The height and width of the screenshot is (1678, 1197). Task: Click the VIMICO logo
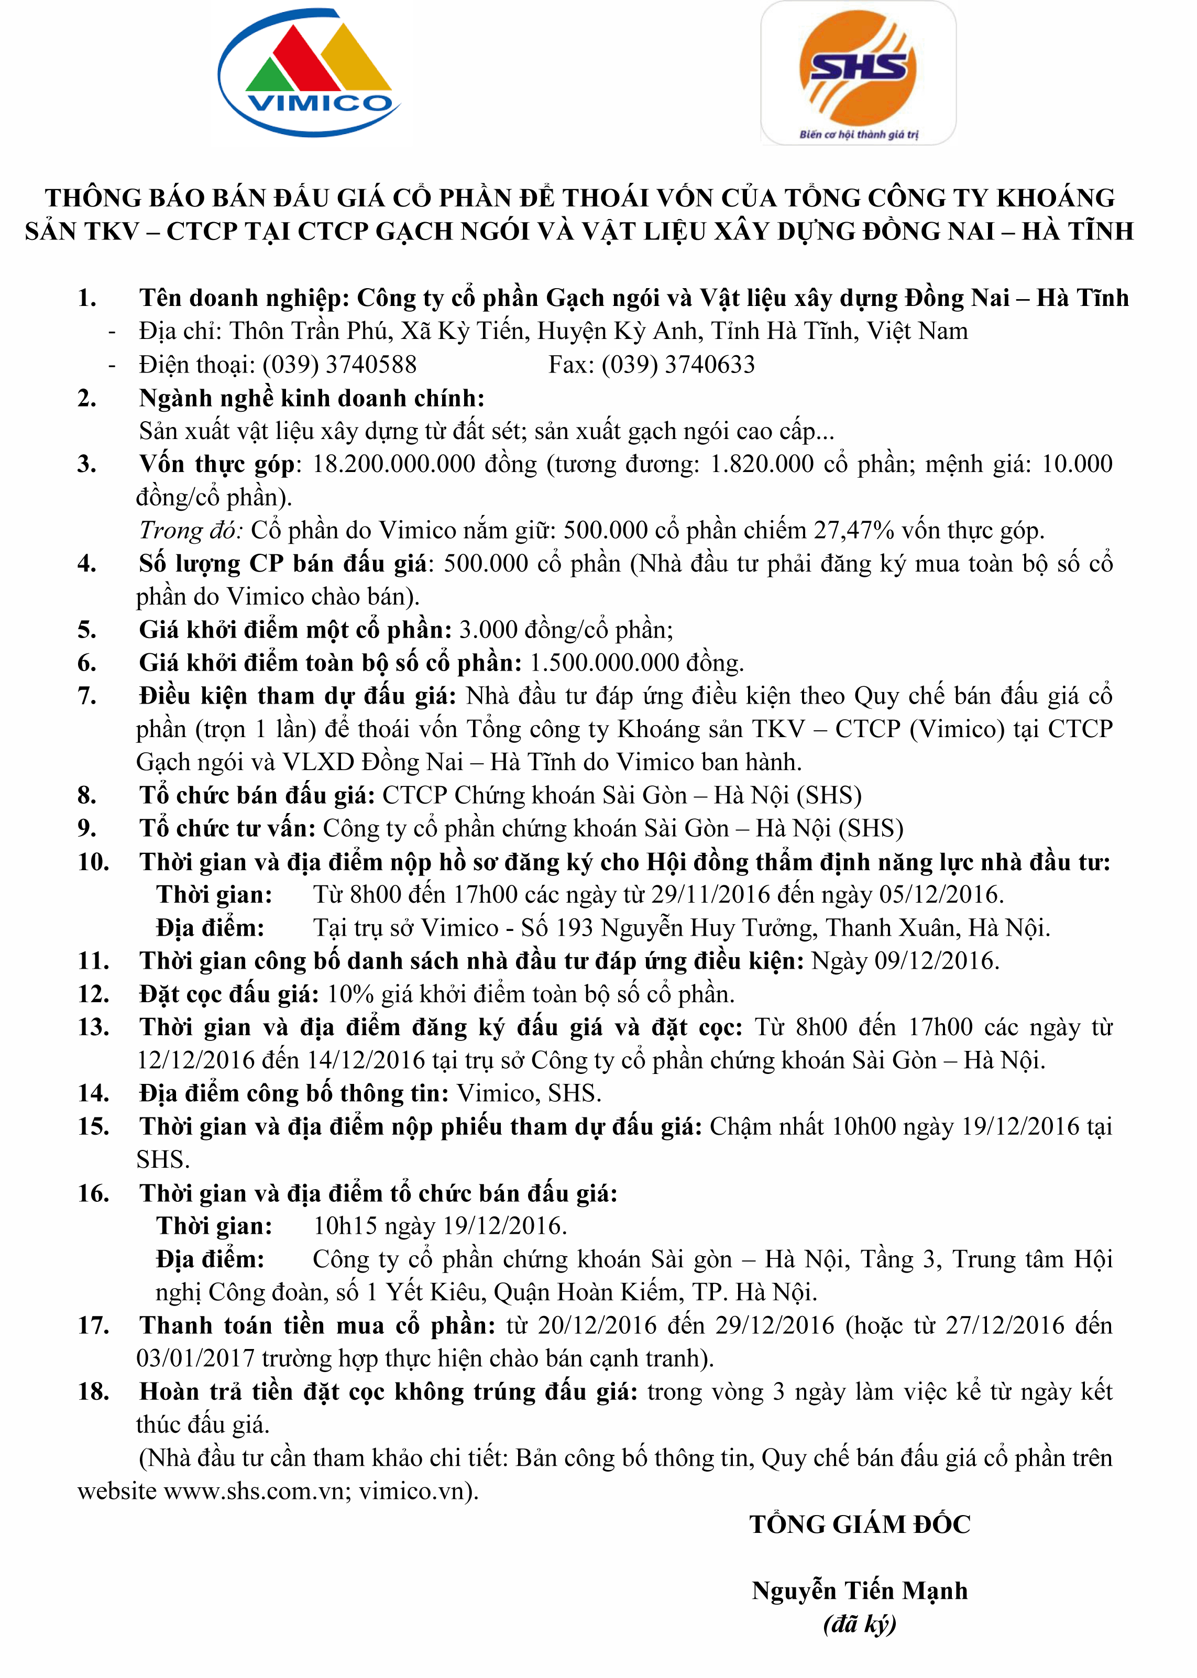point(310,74)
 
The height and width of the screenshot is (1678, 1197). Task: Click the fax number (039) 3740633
point(677,364)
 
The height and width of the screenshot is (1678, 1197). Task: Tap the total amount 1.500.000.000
point(605,663)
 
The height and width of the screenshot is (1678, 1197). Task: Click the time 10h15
point(345,1225)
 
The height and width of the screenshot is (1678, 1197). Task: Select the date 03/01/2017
point(195,1358)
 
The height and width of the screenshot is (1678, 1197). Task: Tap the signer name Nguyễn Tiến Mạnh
point(860,1591)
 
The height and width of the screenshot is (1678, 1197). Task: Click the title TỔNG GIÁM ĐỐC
point(860,1524)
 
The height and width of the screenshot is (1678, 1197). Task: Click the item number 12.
point(94,994)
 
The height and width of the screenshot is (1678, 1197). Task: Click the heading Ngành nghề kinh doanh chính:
point(312,398)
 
